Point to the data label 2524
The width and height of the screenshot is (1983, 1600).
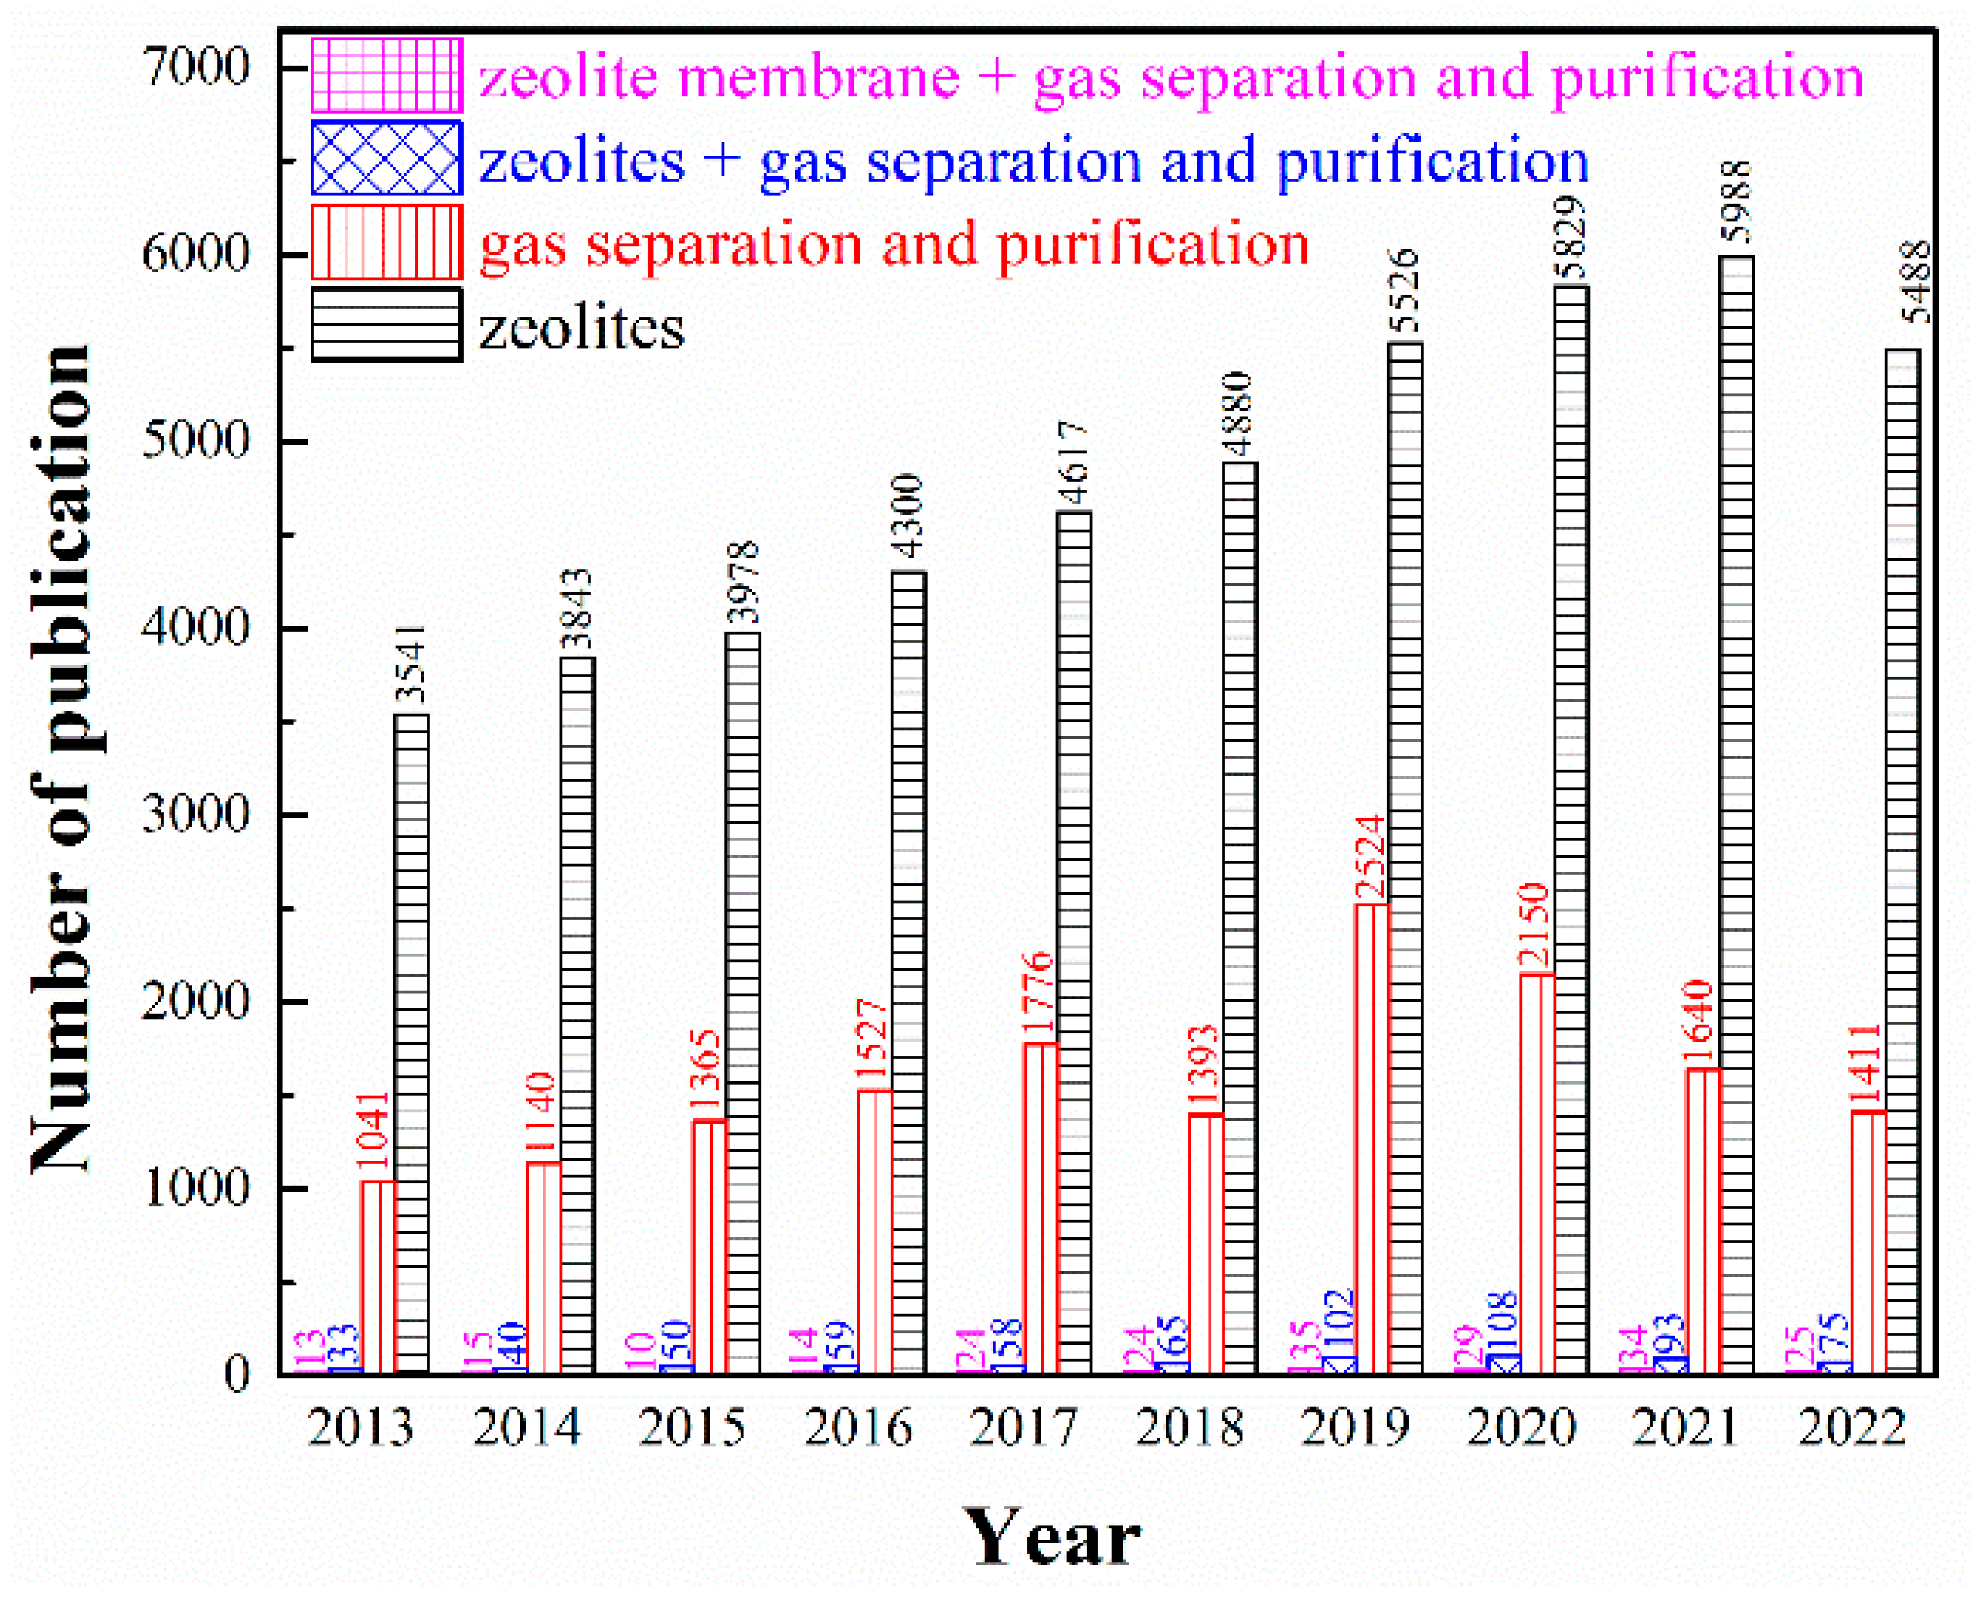1370,857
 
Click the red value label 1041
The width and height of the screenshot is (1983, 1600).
374,1134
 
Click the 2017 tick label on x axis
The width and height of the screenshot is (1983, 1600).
1023,1427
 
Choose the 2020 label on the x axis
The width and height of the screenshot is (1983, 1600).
1520,1427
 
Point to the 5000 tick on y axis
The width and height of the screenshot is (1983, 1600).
195,441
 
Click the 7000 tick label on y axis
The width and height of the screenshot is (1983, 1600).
195,67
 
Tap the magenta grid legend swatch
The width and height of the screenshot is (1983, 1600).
386,75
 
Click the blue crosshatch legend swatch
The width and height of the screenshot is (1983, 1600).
386,158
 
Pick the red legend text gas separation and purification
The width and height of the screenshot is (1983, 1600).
894,244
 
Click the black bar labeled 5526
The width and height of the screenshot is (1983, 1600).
1405,857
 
